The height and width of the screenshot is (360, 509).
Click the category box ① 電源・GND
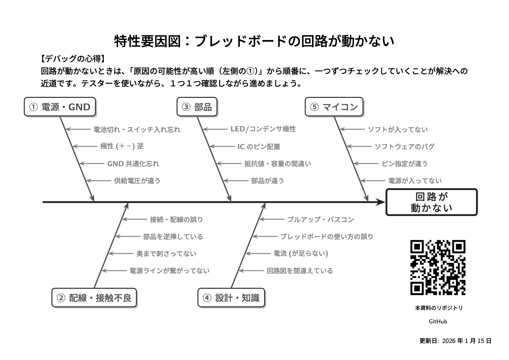(x=60, y=107)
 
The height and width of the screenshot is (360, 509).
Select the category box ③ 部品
(x=197, y=107)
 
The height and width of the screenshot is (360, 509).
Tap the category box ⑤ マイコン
(x=334, y=107)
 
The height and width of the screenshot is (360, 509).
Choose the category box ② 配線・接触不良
(x=94, y=298)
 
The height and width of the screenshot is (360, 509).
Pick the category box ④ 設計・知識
(x=231, y=298)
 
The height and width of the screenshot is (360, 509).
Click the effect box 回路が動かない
(x=431, y=202)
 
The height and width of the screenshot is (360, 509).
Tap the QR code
(x=438, y=267)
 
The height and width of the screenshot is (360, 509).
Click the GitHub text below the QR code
(x=438, y=321)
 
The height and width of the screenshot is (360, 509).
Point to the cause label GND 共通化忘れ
(x=133, y=164)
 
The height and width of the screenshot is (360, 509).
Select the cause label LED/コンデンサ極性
(x=263, y=129)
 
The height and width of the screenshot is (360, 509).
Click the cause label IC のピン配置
(x=259, y=147)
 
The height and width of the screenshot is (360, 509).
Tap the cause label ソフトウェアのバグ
(x=404, y=147)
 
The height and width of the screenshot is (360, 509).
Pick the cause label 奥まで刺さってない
(x=166, y=254)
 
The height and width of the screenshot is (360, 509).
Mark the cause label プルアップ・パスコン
(x=320, y=220)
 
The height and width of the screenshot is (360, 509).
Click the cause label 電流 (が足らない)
(x=301, y=254)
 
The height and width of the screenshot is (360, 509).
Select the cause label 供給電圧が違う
(x=137, y=181)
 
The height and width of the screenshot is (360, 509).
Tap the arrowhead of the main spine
(x=381, y=202)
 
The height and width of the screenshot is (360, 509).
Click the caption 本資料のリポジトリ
(x=439, y=308)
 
